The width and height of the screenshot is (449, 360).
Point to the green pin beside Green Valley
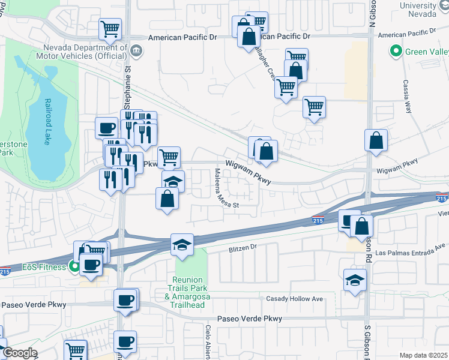[396, 52]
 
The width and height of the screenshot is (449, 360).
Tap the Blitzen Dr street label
[243, 247]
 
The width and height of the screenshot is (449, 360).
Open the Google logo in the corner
[19, 353]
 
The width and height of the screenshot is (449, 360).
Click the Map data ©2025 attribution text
[423, 355]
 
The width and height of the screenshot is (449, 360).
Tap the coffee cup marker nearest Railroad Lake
[107, 128]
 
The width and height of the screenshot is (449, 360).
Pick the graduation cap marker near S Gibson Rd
[355, 280]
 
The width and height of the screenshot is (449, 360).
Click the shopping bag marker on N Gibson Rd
[376, 141]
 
